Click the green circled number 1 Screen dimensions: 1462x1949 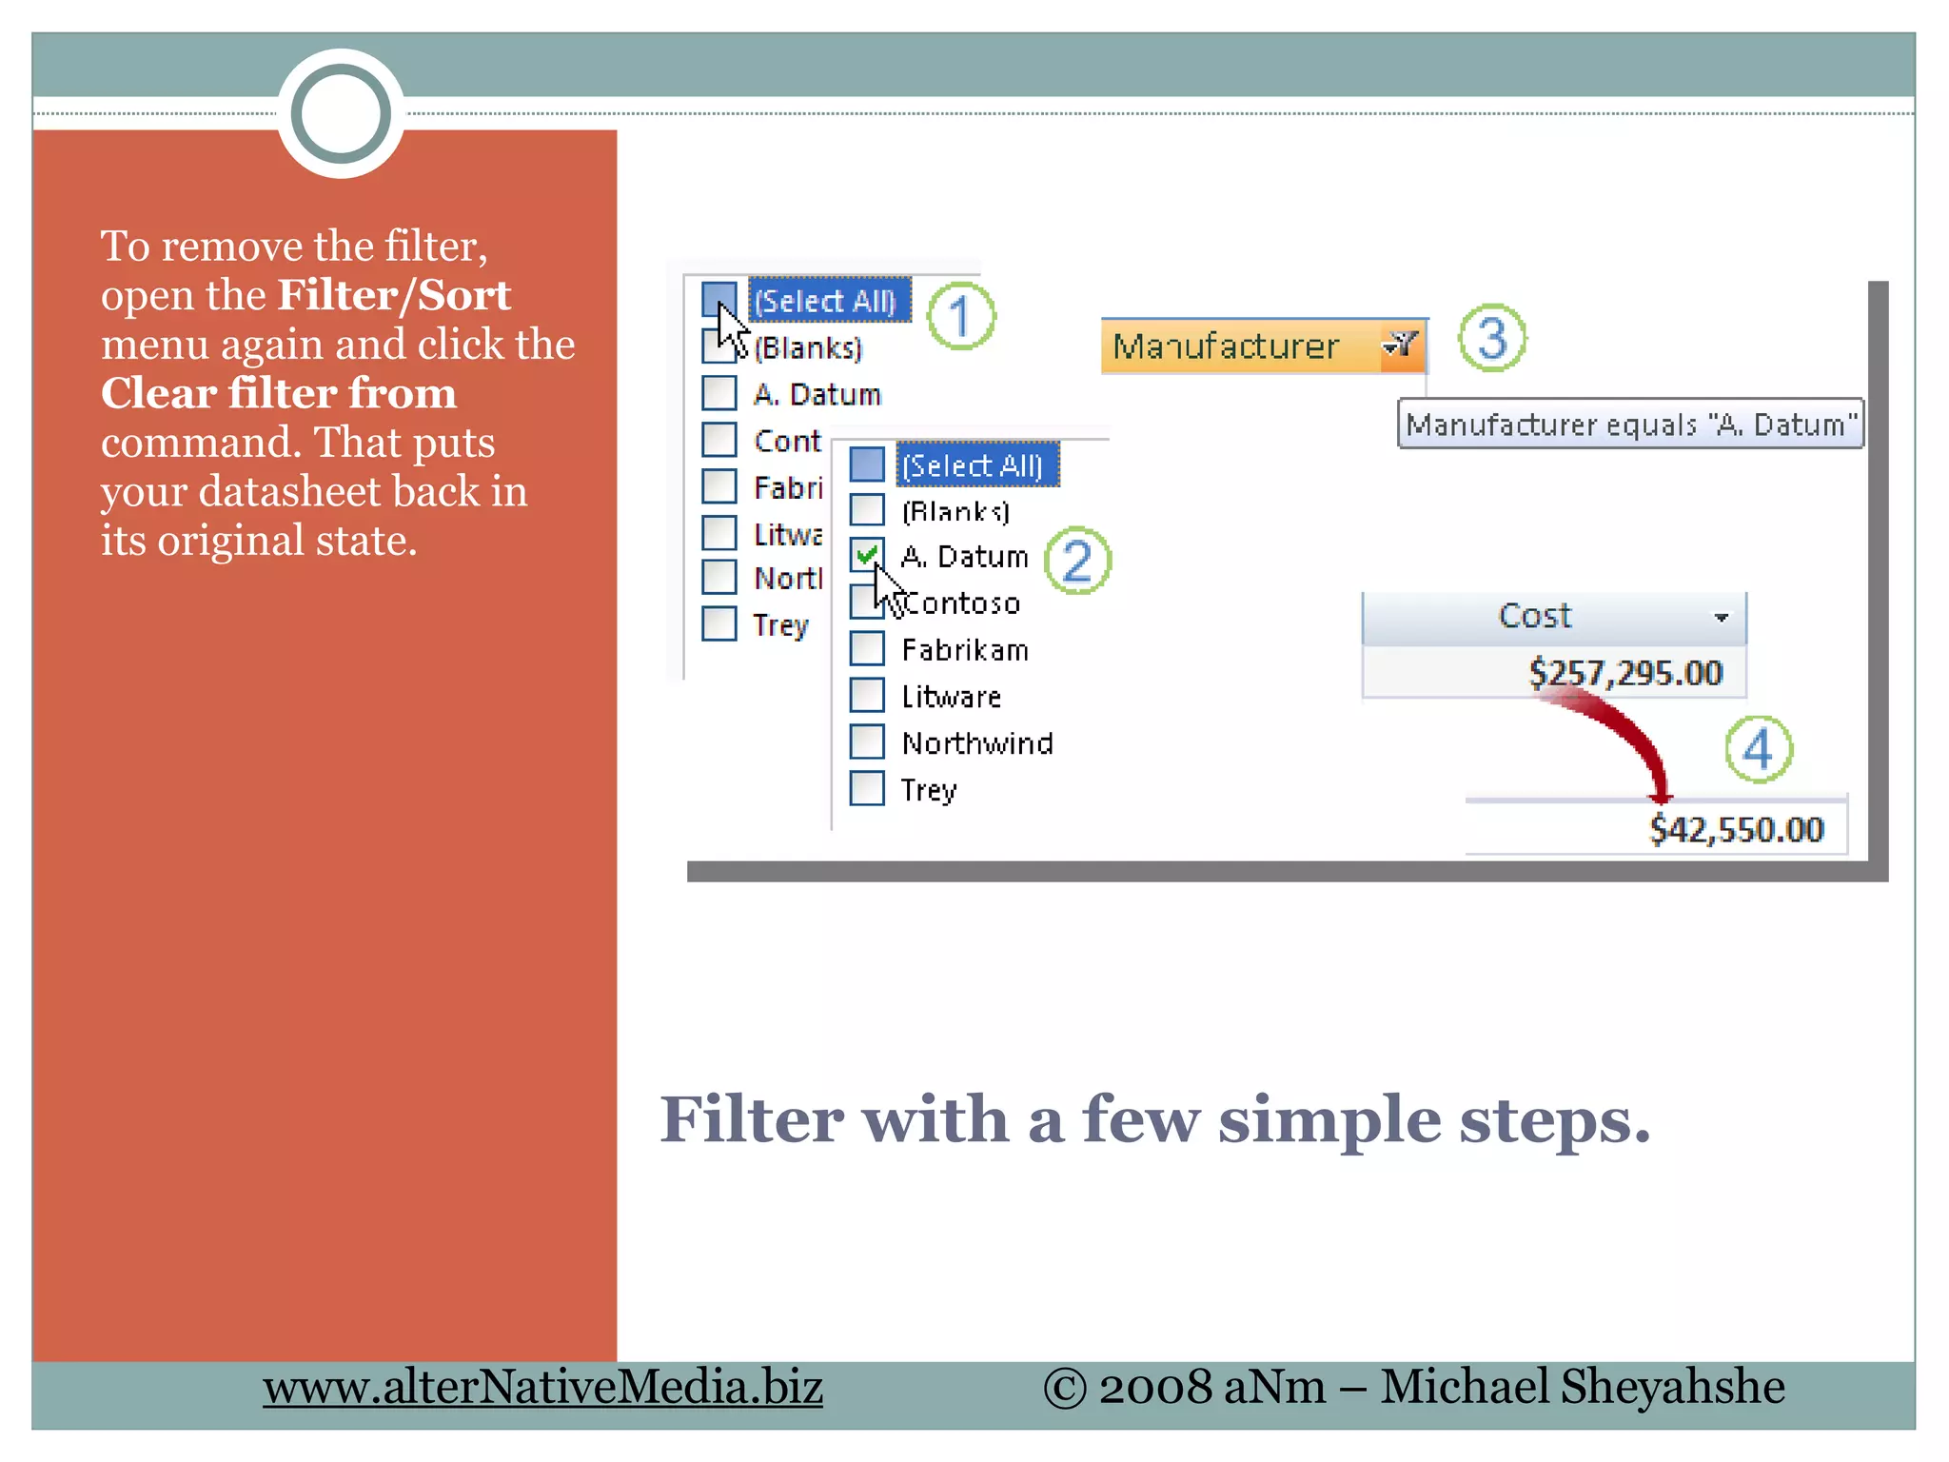pyautogui.click(x=961, y=316)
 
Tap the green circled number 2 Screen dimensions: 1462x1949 pyautogui.click(x=1077, y=561)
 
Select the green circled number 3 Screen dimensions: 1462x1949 pyautogui.click(x=1492, y=339)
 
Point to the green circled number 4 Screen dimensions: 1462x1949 pyautogui.click(x=1759, y=749)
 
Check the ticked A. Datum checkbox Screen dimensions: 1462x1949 pyautogui.click(x=867, y=555)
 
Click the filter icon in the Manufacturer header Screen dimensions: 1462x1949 pyautogui.click(x=1402, y=344)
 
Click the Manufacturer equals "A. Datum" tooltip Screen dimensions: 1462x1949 pyautogui.click(x=1629, y=424)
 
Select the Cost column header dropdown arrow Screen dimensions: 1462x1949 pyautogui.click(x=1721, y=618)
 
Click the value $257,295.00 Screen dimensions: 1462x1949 pyautogui.click(x=1624, y=673)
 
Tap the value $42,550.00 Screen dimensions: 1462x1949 pyautogui.click(x=1736, y=830)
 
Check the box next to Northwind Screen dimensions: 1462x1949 pyautogui.click(x=867, y=741)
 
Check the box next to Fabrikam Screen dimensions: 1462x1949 pyautogui.click(x=867, y=648)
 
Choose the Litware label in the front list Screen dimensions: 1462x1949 pyautogui.click(x=951, y=697)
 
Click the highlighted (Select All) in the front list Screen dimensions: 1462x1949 pyautogui.click(x=973, y=465)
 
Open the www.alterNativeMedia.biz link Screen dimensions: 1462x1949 pyautogui.click(x=542, y=1387)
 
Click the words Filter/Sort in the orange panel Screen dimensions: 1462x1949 pyautogui.click(x=394, y=295)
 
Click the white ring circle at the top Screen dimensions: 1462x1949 pyautogui.click(x=341, y=114)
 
